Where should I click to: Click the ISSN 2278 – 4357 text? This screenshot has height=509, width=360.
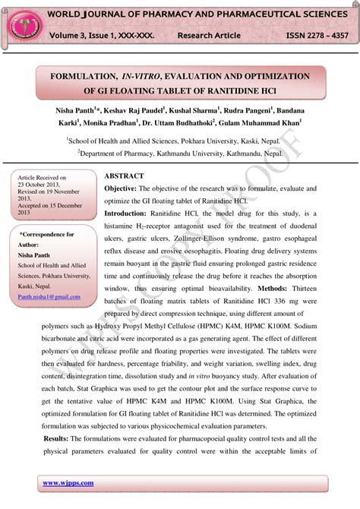317,36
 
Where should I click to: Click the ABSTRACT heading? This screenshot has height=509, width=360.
124,175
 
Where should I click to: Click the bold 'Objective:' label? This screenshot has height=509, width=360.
119,188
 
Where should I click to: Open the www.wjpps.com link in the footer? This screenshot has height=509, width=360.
68,482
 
